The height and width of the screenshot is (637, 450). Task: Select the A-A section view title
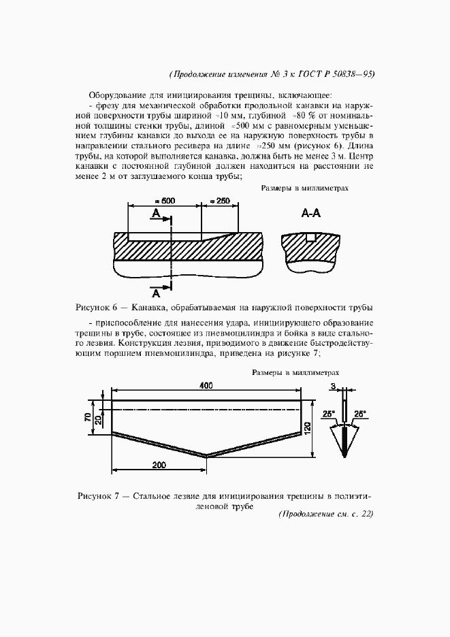[310, 213]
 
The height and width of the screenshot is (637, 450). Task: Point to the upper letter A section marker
[156, 214]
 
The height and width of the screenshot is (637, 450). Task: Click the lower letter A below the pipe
[156, 293]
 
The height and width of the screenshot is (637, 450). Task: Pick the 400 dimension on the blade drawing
[206, 385]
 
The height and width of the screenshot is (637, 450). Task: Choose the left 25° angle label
[330, 413]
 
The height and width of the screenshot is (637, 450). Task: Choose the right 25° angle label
[359, 413]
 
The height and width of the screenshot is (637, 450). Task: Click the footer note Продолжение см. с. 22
[326, 514]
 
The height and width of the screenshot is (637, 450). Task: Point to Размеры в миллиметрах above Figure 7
[295, 372]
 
